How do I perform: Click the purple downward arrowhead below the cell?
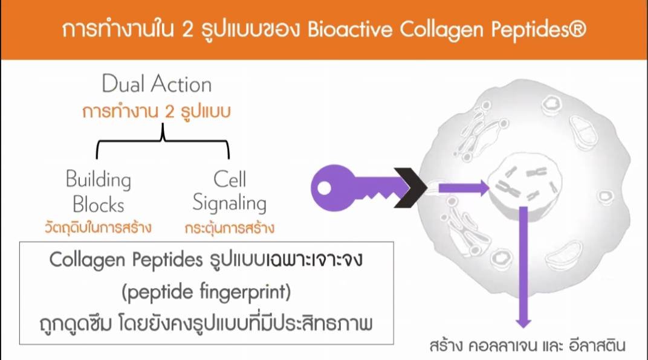coord(523,320)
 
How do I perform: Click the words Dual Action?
coord(157,85)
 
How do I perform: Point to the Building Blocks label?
coord(98,191)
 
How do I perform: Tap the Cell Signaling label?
coord(230,191)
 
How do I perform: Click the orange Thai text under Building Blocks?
coord(98,228)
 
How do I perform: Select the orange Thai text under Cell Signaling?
coord(230,228)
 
